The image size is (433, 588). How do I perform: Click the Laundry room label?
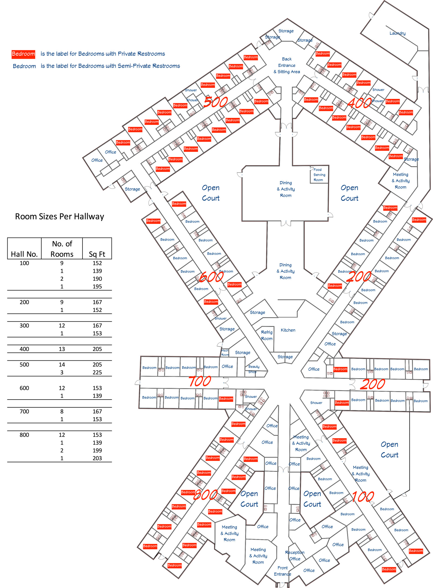(397, 33)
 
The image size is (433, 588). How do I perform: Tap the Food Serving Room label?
(319, 175)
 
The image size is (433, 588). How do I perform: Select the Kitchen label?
(288, 330)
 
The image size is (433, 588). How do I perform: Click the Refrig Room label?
(267, 335)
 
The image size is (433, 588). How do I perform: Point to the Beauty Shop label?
(254, 369)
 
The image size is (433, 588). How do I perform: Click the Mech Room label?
(225, 353)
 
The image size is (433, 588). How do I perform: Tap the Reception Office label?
(295, 556)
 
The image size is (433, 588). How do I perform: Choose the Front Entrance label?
(283, 571)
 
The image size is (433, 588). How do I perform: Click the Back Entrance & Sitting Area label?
(287, 65)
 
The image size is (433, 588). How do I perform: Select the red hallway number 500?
(215, 102)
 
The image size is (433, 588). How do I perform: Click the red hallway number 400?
(359, 103)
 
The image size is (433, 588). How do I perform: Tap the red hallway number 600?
(211, 277)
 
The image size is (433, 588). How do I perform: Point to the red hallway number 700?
(200, 381)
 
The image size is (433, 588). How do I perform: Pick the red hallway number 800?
(206, 495)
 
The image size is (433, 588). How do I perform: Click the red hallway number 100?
(363, 496)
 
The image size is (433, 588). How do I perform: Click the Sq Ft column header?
(97, 254)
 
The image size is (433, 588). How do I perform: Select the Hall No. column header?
(24, 254)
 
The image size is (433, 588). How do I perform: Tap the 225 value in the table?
(97, 373)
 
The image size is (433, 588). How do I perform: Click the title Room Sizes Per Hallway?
(60, 217)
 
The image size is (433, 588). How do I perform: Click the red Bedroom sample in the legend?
(23, 54)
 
